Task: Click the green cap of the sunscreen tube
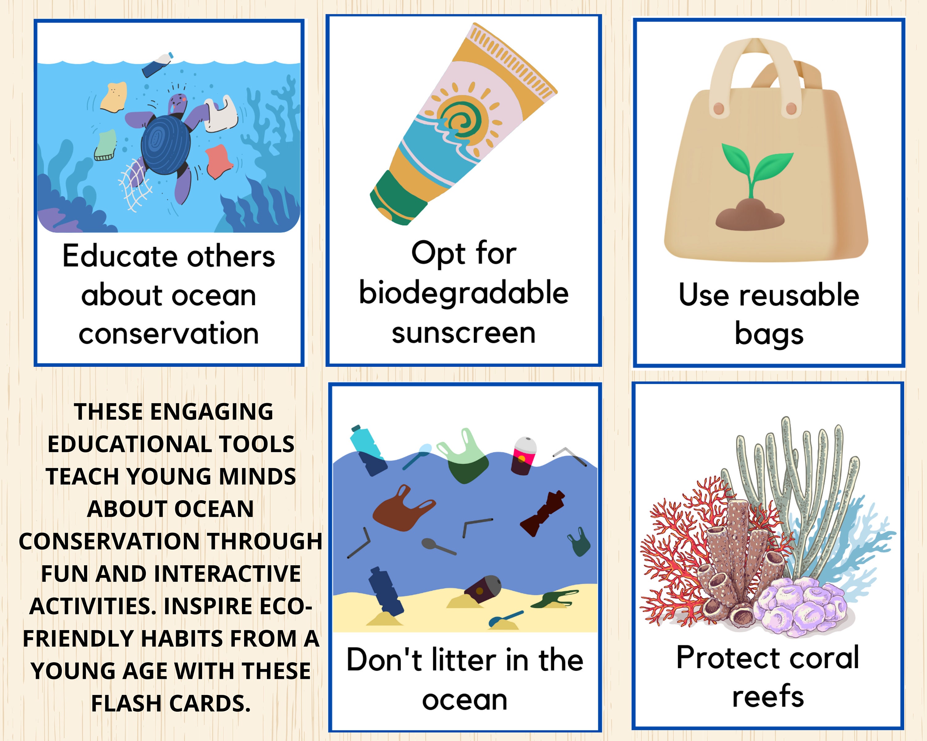[x=398, y=200]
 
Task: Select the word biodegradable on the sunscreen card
[x=463, y=293]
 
